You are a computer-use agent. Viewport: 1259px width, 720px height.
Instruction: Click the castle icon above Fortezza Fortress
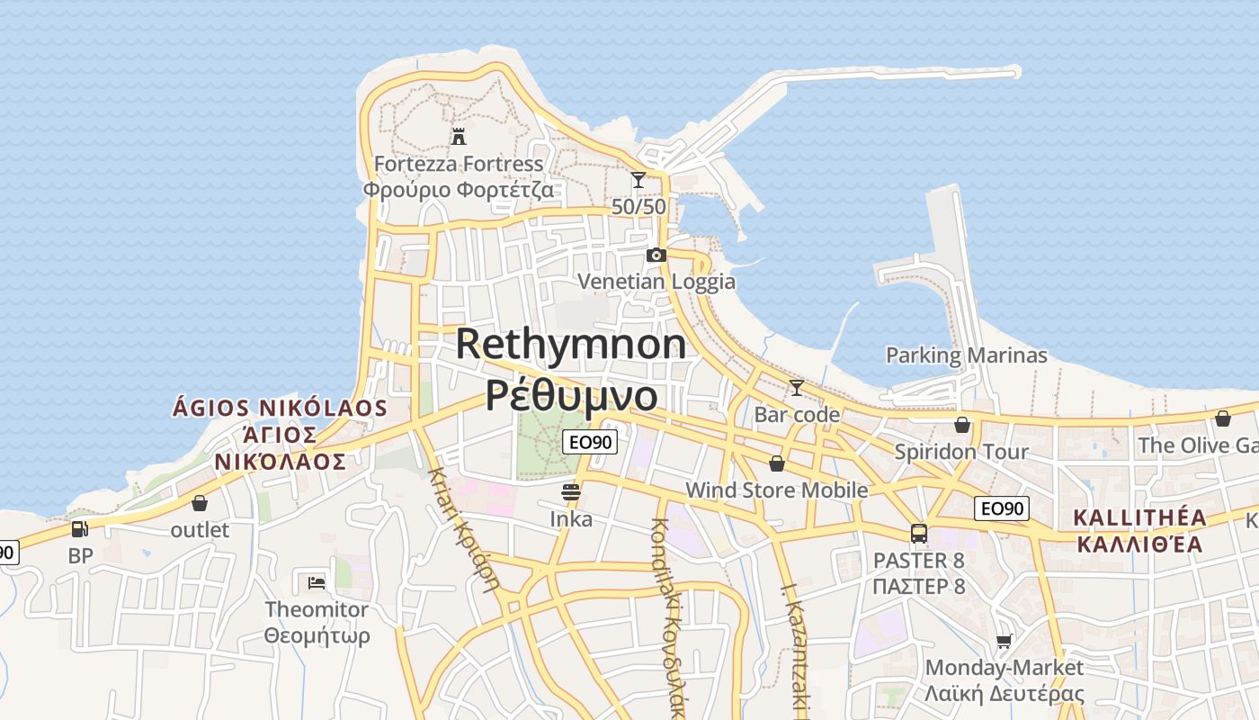(x=459, y=137)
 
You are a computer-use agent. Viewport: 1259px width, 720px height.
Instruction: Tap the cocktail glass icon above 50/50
(x=638, y=180)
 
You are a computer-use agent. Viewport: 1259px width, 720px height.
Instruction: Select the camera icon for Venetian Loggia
(x=656, y=255)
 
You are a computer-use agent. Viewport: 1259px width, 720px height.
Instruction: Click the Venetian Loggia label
(x=656, y=282)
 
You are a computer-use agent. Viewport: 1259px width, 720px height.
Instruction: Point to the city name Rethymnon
(x=571, y=344)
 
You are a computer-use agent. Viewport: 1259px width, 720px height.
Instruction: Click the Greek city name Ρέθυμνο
(x=571, y=394)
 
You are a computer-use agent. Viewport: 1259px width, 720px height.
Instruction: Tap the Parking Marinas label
(x=967, y=355)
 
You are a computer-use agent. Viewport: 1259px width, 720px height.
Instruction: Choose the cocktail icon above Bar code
(x=796, y=388)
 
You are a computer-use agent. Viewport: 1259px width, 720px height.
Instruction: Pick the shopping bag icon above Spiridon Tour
(x=962, y=425)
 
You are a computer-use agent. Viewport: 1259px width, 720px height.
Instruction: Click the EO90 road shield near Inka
(x=590, y=441)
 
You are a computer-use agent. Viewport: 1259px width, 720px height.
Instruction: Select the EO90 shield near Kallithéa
(x=1002, y=508)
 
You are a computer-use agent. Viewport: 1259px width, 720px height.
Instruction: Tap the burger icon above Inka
(x=571, y=492)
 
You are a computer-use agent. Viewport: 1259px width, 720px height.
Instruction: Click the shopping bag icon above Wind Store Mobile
(x=777, y=463)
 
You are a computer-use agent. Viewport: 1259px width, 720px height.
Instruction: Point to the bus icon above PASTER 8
(x=918, y=534)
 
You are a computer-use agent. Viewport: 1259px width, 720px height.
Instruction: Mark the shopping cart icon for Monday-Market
(x=1005, y=641)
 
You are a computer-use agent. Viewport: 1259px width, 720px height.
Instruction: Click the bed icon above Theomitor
(x=317, y=583)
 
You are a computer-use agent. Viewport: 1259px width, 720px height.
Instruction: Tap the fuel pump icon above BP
(x=80, y=529)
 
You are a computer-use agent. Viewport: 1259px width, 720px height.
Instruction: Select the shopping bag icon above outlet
(x=200, y=503)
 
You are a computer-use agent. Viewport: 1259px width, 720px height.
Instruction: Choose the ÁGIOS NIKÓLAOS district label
(x=280, y=409)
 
